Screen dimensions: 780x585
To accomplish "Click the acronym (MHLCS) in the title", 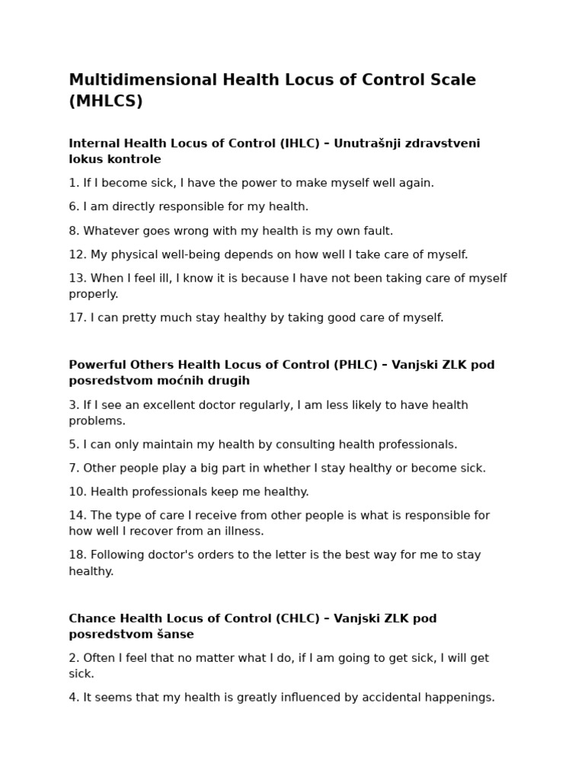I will [106, 101].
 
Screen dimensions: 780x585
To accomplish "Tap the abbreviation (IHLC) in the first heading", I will [301, 143].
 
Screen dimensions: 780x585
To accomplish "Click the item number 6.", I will [73, 206].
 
